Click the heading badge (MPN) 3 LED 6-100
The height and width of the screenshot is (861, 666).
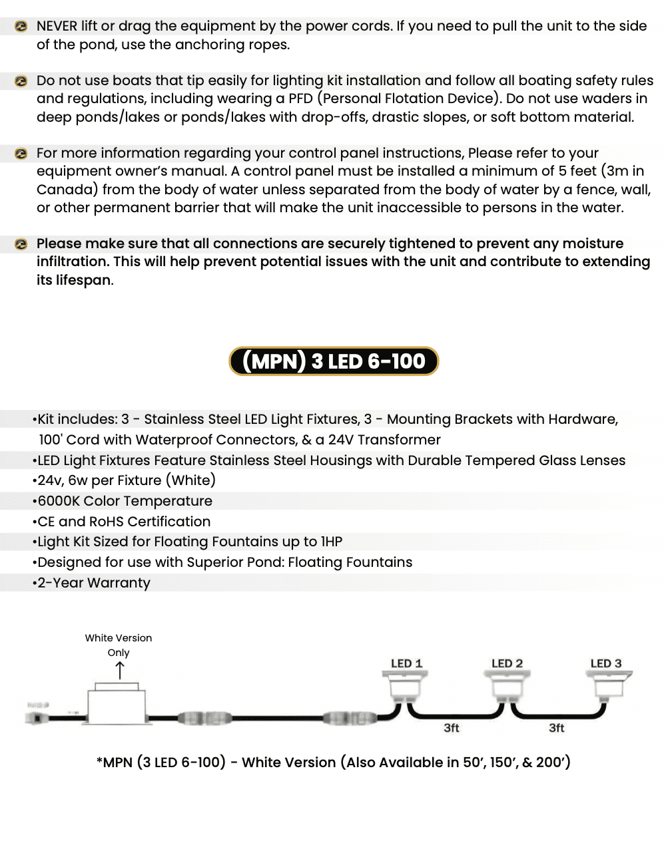click(334, 361)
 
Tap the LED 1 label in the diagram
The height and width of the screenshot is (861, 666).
click(406, 663)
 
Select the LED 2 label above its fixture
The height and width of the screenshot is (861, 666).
click(507, 663)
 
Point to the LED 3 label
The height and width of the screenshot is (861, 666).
click(605, 663)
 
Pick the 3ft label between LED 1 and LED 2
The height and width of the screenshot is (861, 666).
click(452, 728)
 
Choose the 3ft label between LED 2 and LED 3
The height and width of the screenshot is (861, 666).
click(556, 728)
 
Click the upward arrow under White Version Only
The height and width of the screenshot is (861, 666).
click(120, 671)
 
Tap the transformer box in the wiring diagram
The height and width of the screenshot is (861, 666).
click(117, 705)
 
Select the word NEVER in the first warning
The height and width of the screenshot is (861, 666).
click(57, 26)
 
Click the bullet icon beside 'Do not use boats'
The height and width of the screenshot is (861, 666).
click(21, 81)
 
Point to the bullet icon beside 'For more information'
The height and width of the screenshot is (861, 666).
click(21, 154)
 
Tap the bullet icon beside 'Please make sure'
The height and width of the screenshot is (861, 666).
click(21, 244)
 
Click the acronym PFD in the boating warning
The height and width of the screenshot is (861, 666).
click(300, 98)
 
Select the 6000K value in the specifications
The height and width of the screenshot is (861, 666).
click(59, 501)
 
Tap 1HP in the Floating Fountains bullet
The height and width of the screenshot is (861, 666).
click(331, 542)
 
